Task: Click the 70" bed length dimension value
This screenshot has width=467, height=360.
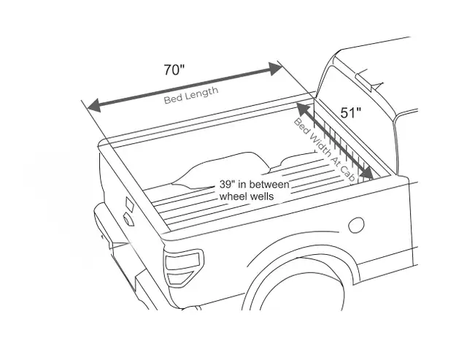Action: click(174, 70)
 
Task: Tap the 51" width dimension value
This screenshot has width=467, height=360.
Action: click(351, 113)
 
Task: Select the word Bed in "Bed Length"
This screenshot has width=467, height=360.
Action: click(171, 99)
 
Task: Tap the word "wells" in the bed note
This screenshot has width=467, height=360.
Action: click(261, 196)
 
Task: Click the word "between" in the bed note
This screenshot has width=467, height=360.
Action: click(271, 184)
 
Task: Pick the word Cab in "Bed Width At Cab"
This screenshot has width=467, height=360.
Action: click(347, 173)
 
